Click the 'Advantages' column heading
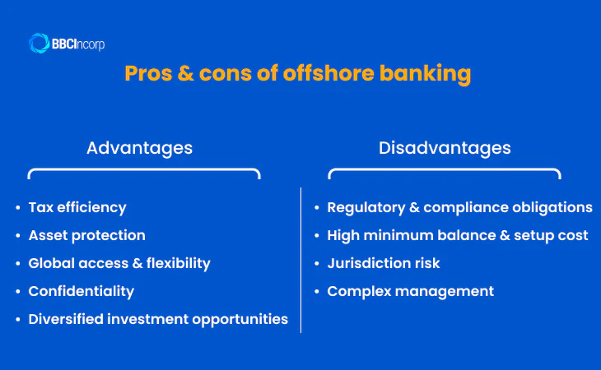(x=139, y=148)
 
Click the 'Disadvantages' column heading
(x=445, y=148)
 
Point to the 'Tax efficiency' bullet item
(x=77, y=207)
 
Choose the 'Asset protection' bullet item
(x=86, y=235)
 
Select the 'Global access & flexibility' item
(x=119, y=263)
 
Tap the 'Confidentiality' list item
(x=81, y=291)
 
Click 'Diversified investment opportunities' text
(x=158, y=319)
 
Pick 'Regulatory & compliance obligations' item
(x=459, y=207)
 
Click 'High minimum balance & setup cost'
(x=458, y=235)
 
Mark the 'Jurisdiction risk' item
(x=384, y=263)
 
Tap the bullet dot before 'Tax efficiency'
(x=18, y=208)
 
